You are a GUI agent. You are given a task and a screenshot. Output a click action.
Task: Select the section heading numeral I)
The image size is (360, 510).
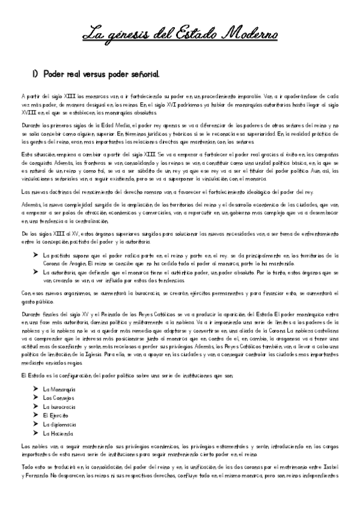click(35, 75)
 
